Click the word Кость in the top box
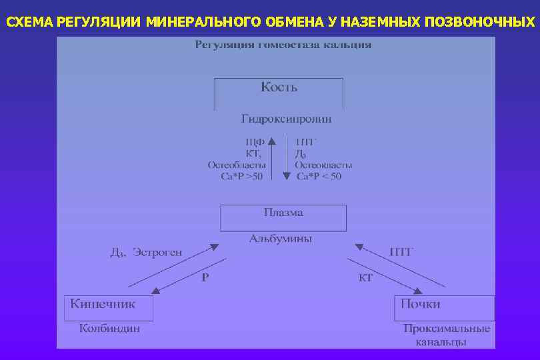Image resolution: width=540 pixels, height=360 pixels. click(279, 87)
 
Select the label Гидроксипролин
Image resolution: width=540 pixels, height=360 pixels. click(286, 119)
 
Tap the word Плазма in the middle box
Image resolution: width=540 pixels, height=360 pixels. click(283, 213)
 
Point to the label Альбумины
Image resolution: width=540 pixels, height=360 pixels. click(281, 238)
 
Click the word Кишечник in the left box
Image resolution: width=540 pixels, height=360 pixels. click(103, 303)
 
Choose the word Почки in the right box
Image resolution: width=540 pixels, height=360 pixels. click(420, 304)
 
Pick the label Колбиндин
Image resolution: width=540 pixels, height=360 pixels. click(109, 328)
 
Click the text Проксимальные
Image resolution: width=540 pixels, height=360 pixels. click(446, 329)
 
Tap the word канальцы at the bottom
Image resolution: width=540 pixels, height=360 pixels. click(441, 341)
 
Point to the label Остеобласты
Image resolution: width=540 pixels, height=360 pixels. click(237, 165)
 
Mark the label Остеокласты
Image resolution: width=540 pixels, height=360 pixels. click(323, 165)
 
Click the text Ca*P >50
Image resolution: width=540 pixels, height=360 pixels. click(241, 177)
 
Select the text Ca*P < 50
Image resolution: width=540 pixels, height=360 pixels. click(319, 177)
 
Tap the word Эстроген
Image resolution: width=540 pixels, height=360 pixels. click(157, 253)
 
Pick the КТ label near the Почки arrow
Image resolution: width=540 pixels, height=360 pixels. click(365, 277)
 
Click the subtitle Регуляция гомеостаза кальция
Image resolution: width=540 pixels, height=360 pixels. click(283, 45)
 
